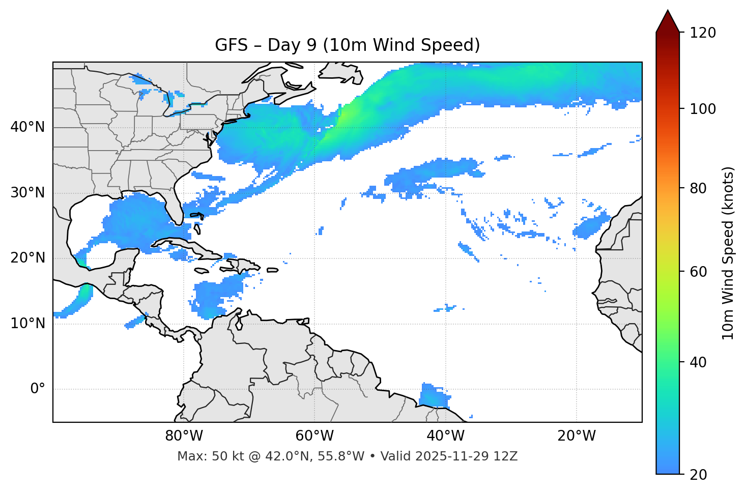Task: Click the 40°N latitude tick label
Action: coord(27,127)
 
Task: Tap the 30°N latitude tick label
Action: coord(27,193)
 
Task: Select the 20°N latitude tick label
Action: coord(27,258)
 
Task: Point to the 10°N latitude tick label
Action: coord(27,324)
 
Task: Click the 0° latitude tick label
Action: coord(38,389)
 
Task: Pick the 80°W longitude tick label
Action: coord(184,436)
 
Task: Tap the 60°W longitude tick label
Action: coord(314,436)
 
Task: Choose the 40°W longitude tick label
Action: coord(445,436)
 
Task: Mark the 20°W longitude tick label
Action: coord(576,436)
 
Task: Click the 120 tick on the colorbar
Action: coord(703,33)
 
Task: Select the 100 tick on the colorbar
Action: coord(703,109)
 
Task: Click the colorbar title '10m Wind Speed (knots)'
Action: coord(728,253)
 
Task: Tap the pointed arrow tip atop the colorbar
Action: coord(668,12)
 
